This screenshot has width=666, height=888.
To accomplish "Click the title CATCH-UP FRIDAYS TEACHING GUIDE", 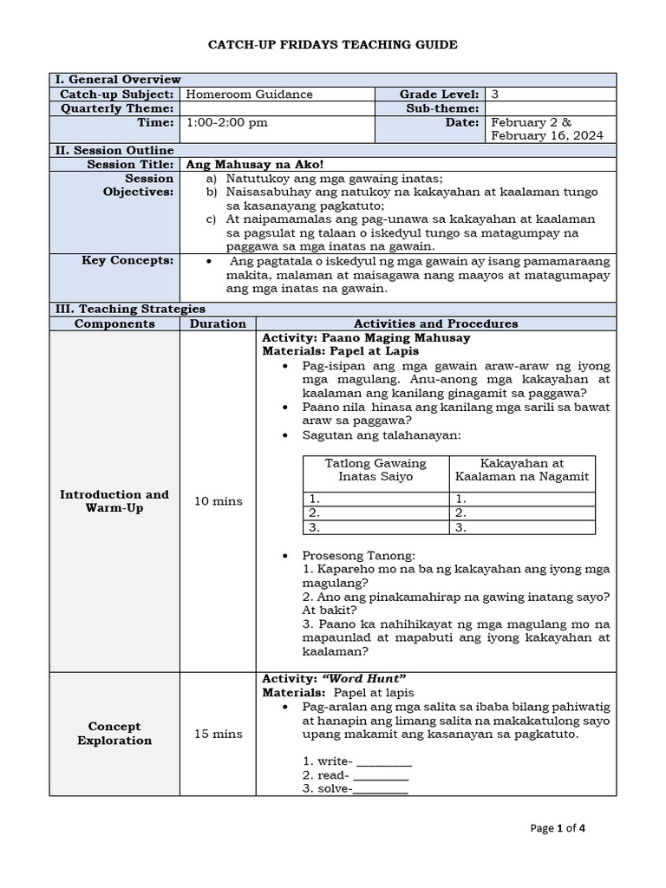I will click(332, 44).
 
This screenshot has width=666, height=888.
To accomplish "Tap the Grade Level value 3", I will click(494, 94).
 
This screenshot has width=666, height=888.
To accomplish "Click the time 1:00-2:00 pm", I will click(227, 122).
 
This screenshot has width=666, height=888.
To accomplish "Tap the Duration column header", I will click(217, 323).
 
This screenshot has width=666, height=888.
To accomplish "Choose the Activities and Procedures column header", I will click(435, 323).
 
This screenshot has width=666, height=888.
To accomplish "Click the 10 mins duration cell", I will click(217, 501).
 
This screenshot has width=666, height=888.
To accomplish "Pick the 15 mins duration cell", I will click(217, 734).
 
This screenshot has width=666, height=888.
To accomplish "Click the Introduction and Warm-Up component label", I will click(114, 501).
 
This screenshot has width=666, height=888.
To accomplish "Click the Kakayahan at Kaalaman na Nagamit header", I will click(522, 470).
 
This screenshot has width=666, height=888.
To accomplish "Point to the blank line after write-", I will click(385, 761).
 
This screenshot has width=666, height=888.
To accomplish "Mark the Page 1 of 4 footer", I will click(558, 828).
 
